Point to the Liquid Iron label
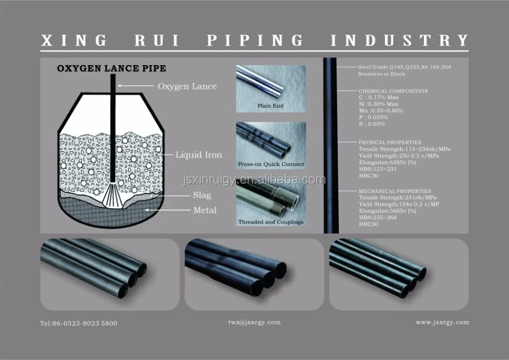pyautogui.click(x=199, y=155)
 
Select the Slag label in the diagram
pyautogui.click(x=202, y=195)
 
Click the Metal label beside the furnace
pyautogui.click(x=205, y=210)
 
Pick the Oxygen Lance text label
pyautogui.click(x=187, y=86)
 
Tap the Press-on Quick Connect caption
pyautogui.click(x=271, y=164)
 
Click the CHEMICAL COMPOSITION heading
pyautogui.click(x=393, y=91)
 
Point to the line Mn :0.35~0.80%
pyautogui.click(x=381, y=110)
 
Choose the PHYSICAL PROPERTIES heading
pyautogui.click(x=390, y=142)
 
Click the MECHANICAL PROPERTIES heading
pyautogui.click(x=394, y=191)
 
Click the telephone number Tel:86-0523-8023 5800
pyautogui.click(x=78, y=323)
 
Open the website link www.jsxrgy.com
pyautogui.click(x=442, y=322)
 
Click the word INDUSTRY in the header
pyautogui.click(x=400, y=40)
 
